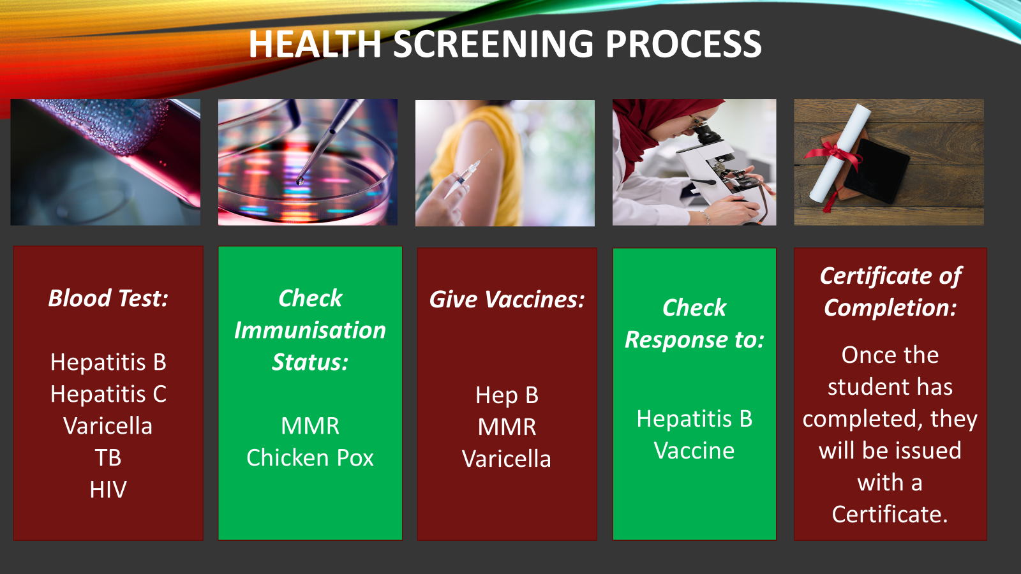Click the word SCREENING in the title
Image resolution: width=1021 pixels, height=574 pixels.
(494, 44)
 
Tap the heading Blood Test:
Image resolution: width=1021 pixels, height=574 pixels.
(108, 298)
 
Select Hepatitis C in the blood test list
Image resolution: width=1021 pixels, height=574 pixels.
(108, 394)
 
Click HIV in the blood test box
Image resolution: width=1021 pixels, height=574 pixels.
(108, 490)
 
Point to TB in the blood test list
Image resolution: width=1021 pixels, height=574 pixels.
(108, 458)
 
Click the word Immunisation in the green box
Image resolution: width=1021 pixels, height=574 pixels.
(310, 330)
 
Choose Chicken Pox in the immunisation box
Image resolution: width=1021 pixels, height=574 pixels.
(310, 458)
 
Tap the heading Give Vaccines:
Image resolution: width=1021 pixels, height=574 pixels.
(507, 300)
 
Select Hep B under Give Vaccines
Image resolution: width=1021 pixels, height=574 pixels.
(507, 395)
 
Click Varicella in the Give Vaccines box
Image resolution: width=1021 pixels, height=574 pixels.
(507, 459)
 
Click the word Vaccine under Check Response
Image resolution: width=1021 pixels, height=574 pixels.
(694, 450)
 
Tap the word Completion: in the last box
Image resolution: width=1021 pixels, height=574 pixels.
(890, 308)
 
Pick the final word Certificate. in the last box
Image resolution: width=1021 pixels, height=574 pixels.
(890, 514)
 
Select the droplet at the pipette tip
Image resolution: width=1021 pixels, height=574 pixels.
(300, 181)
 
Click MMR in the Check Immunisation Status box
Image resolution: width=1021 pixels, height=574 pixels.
(310, 426)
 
